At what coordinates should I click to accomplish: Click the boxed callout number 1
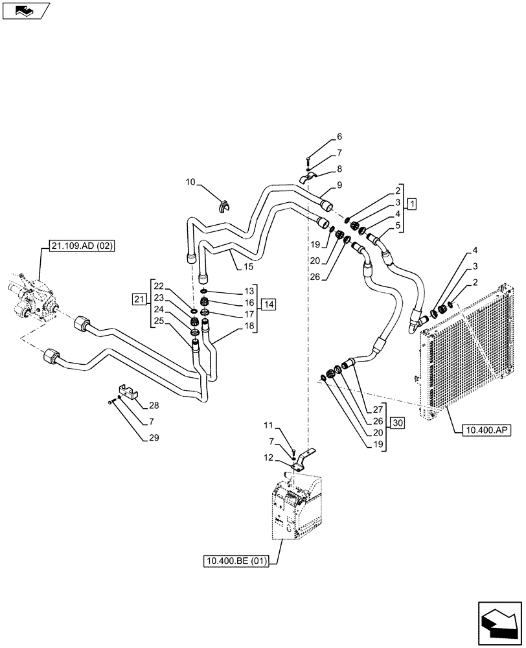412,203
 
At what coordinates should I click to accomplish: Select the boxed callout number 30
397,422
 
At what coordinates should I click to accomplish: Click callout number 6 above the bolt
338,137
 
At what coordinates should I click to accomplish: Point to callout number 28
154,406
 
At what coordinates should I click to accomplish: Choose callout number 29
154,438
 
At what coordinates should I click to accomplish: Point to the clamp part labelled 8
308,178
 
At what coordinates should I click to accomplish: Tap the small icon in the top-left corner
26,10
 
